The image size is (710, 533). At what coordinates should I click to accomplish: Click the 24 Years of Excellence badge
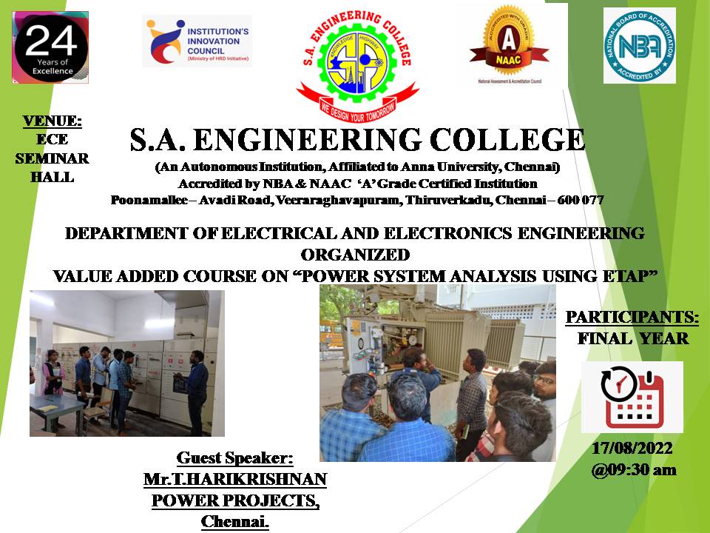[50, 47]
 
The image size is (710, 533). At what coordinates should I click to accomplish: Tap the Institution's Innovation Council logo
[197, 41]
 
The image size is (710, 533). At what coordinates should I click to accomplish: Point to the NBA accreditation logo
[639, 45]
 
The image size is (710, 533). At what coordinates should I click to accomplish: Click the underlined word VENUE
[52, 121]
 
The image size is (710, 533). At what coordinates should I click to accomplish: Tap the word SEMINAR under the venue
[52, 158]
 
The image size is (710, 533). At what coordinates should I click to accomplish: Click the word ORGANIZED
[356, 255]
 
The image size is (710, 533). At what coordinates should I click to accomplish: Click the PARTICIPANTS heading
[632, 318]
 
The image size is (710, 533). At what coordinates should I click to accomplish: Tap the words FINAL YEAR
[633, 338]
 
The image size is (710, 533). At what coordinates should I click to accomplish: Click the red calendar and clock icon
[632, 398]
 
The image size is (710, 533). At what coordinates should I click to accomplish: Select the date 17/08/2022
[632, 449]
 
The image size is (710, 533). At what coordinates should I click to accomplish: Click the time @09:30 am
[634, 470]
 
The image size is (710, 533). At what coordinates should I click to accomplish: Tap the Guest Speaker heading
[234, 457]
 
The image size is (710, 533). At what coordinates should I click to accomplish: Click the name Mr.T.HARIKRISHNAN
[235, 479]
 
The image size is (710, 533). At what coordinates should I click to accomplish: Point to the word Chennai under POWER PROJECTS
[234, 522]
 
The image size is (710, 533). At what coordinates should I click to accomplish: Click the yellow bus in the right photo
[332, 334]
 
